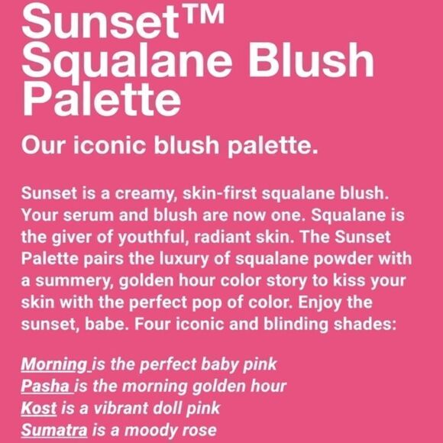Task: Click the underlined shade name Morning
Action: [x=53, y=364]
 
